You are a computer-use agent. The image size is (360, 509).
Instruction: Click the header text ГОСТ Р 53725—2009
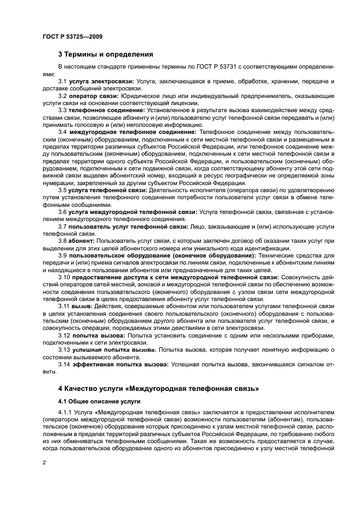pos(72,36)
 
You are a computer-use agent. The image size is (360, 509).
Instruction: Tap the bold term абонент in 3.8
pos(82,240)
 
